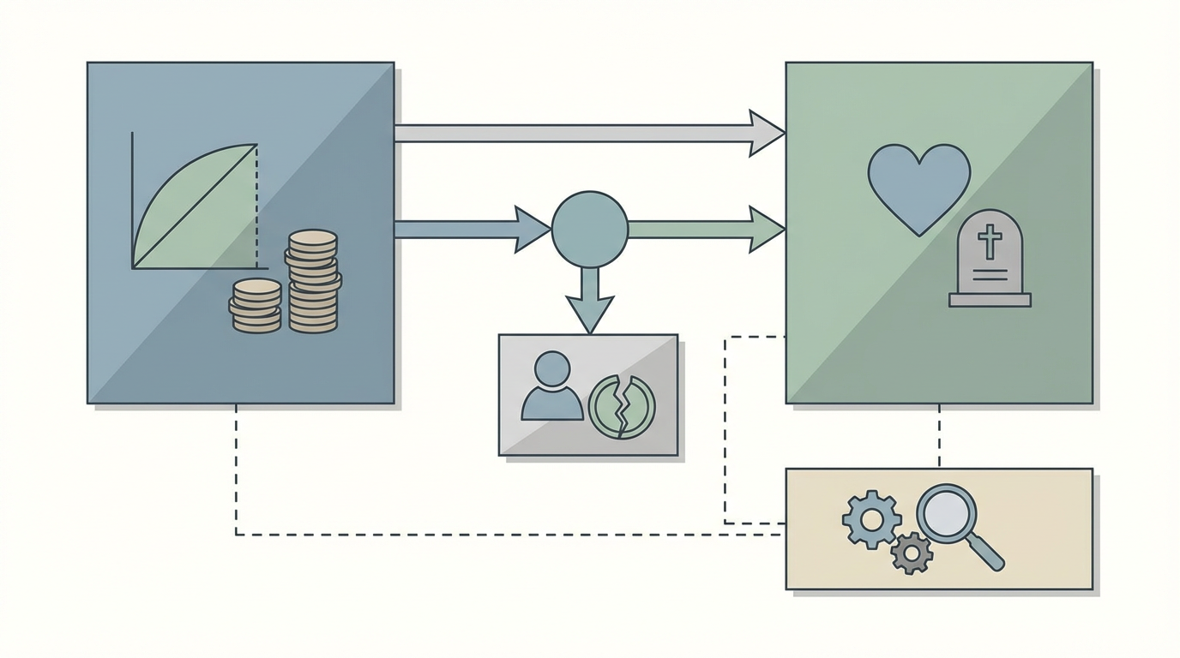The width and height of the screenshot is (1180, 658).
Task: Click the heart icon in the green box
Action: pyautogui.click(x=918, y=185)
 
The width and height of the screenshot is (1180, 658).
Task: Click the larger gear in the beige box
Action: pyautogui.click(x=871, y=519)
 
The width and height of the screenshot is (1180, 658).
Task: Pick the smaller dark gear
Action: pyautogui.click(x=911, y=553)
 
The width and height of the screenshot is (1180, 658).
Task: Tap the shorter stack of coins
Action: pyautogui.click(x=256, y=306)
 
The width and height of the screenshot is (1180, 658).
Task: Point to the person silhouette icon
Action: pyautogui.click(x=551, y=388)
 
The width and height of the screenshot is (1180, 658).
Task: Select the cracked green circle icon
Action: pyautogui.click(x=622, y=406)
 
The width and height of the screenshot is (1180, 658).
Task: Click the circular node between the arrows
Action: pyautogui.click(x=589, y=229)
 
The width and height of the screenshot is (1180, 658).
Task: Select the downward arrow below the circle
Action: pyautogui.click(x=589, y=299)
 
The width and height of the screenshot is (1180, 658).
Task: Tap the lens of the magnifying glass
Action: pyautogui.click(x=946, y=514)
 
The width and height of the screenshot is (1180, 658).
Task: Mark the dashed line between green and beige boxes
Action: pyautogui.click(x=939, y=435)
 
